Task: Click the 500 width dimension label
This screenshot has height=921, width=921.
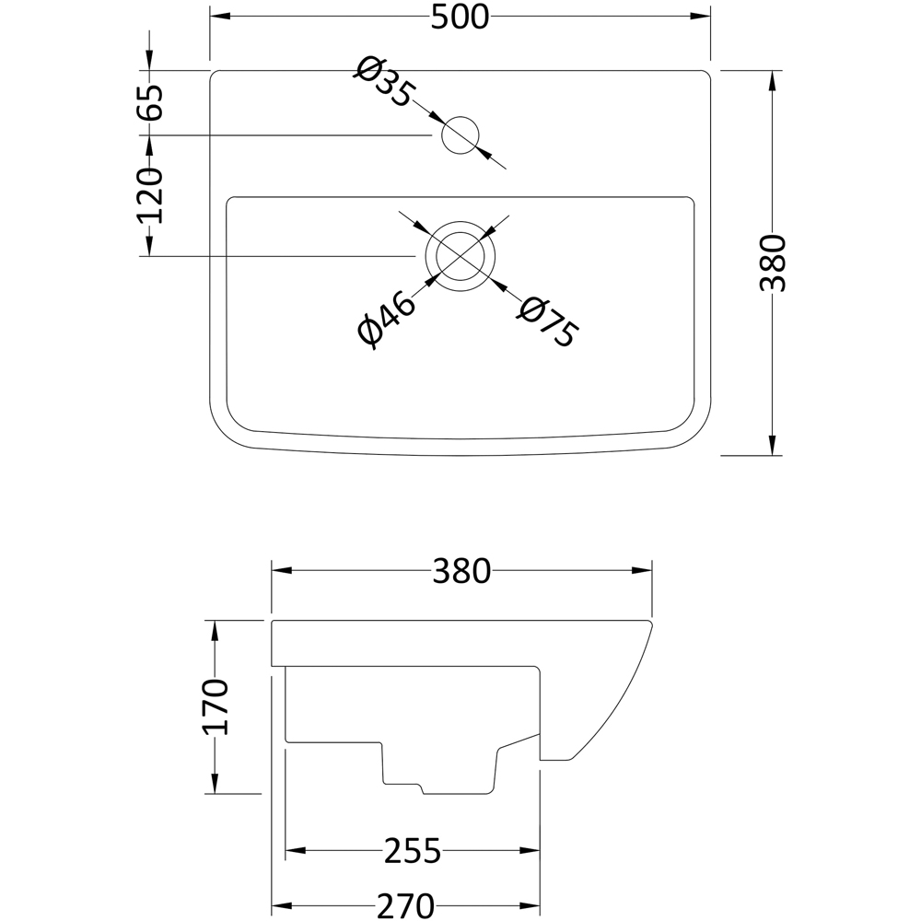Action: (x=460, y=17)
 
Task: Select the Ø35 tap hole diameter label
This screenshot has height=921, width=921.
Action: (x=384, y=82)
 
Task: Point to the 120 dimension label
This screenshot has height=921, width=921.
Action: (x=150, y=195)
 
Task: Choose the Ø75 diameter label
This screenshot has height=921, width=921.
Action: (x=547, y=321)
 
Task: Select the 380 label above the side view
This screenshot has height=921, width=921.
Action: (x=461, y=571)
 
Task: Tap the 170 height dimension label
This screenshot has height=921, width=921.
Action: (x=216, y=706)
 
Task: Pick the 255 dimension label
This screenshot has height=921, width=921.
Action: (x=413, y=850)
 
